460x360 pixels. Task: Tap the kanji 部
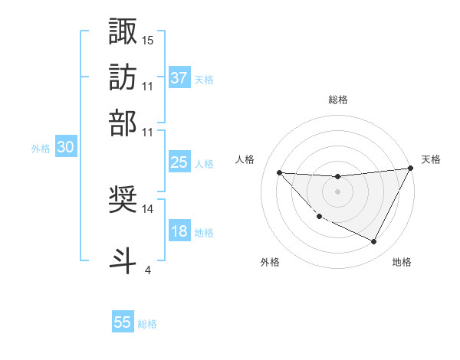[123, 122]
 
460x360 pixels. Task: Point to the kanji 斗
[123, 258]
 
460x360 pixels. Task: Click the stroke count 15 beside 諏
[148, 39]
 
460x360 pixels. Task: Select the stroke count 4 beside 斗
[148, 269]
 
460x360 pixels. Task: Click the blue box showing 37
[179, 78]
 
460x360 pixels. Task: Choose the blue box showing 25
[179, 163]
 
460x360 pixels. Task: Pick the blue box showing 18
[179, 232]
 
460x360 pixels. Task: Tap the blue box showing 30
[65, 149]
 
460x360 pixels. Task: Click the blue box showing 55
[123, 322]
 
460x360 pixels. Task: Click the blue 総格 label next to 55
[147, 324]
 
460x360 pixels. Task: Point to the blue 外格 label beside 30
[41, 149]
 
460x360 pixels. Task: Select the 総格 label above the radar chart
[337, 100]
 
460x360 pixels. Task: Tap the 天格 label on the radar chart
[431, 159]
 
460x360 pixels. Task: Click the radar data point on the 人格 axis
[279, 172]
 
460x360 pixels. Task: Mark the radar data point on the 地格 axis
[374, 242]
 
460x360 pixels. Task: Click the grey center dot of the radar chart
[337, 191]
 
